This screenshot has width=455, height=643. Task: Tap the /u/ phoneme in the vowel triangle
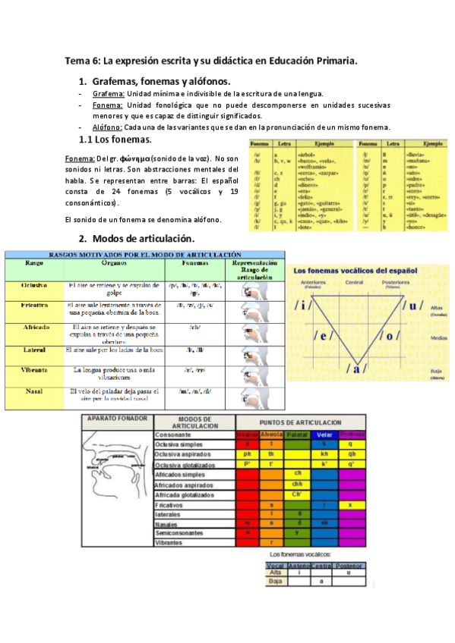pos(413,306)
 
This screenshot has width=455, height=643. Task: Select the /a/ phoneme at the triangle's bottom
pos(355,369)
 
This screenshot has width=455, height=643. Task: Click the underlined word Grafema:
pos(103,94)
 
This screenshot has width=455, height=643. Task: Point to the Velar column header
pos(325,434)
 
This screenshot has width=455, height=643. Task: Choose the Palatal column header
pos(299,434)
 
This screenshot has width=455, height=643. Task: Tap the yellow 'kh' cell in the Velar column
pos(324,453)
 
